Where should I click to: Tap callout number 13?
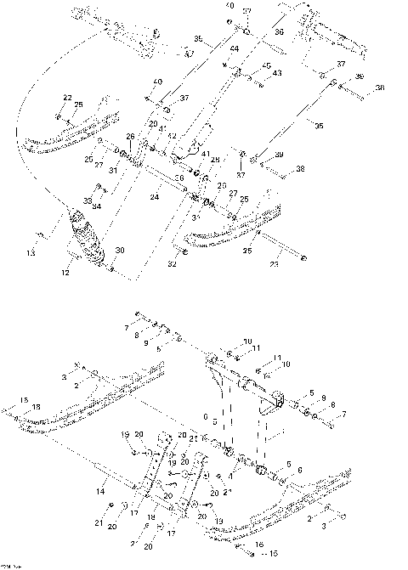(x=31, y=252)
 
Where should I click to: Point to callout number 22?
(x=67, y=99)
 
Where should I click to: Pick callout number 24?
(x=155, y=197)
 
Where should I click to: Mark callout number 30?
(x=120, y=250)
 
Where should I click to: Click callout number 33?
(x=88, y=200)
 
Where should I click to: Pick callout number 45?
(x=266, y=65)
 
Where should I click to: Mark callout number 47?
(x=186, y=54)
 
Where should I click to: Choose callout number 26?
(x=130, y=136)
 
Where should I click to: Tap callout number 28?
(x=215, y=159)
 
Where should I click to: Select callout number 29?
(x=153, y=124)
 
